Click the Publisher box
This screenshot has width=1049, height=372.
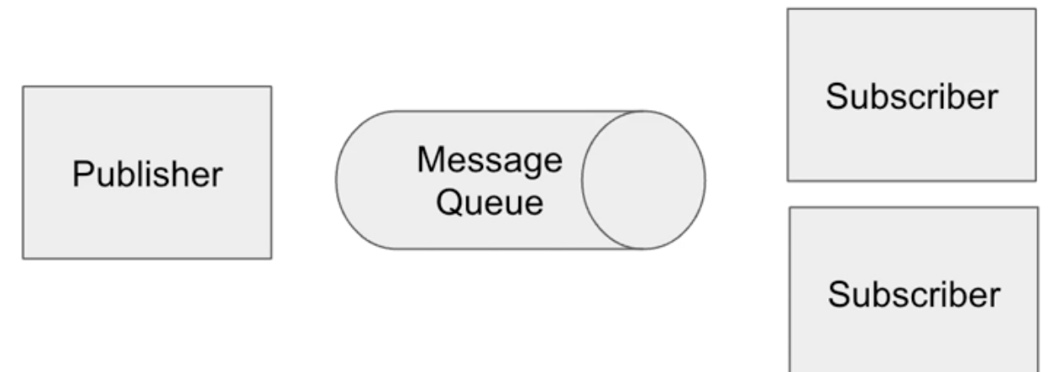click(x=146, y=172)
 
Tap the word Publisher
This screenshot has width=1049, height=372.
click(x=147, y=174)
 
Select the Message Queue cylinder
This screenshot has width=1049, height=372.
click(x=474, y=180)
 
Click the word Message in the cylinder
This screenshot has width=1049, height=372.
click(x=489, y=161)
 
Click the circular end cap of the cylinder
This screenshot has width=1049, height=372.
click(x=643, y=180)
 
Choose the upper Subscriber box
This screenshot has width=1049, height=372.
click(x=911, y=95)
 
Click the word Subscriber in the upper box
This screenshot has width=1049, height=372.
click(x=912, y=96)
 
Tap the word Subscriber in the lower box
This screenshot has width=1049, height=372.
click(x=914, y=294)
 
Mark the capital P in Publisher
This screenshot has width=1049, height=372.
click(x=81, y=174)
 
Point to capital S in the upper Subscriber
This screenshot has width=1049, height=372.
click(x=836, y=96)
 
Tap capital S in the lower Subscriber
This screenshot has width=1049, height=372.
click(x=838, y=294)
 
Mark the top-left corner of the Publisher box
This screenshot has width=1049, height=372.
click(x=23, y=86)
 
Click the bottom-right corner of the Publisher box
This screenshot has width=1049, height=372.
click(x=271, y=258)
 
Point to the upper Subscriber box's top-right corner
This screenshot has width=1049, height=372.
click(x=1035, y=9)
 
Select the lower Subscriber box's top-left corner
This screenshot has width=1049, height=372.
click(x=790, y=208)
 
